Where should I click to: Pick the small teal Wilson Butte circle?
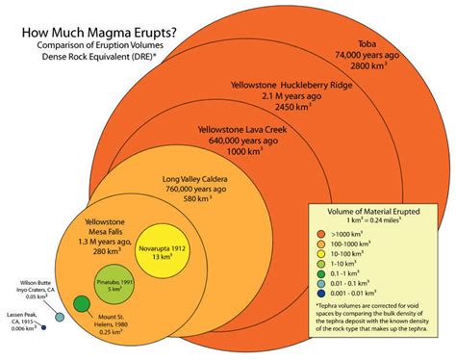point(60,317)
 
